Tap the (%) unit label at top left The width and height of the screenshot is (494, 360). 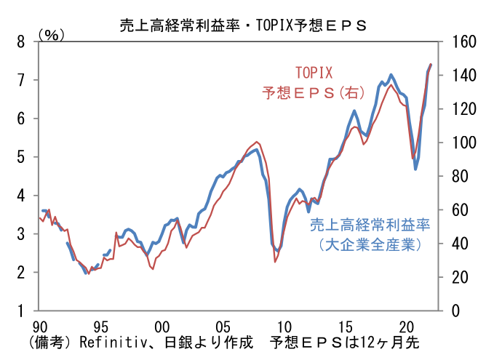(52, 34)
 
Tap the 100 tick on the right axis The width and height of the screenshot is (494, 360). (464, 143)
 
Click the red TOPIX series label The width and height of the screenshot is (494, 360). (313, 73)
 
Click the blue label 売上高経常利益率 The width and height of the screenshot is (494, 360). (370, 225)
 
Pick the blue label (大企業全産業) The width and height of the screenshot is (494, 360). (370, 245)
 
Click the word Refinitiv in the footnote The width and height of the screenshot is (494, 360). (108, 342)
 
